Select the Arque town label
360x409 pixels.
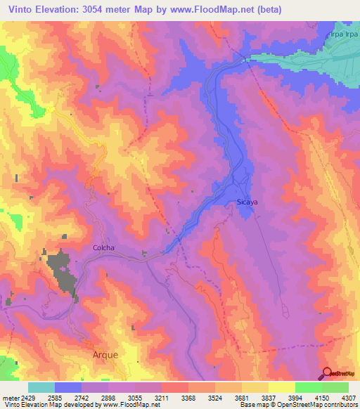pyautogui.click(x=105, y=355)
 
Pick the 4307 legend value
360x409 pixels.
pyautogui.click(x=349, y=397)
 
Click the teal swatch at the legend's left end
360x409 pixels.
pyautogui.click(x=41, y=387)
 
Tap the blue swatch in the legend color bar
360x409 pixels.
pyautogui.click(x=68, y=387)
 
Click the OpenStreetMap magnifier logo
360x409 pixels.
pyautogui.click(x=327, y=372)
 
